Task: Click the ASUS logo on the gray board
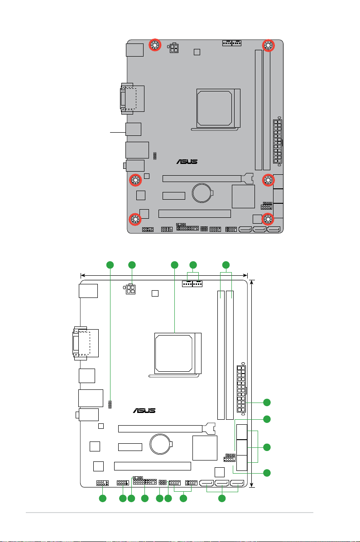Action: point(187,162)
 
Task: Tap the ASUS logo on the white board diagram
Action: point(144,410)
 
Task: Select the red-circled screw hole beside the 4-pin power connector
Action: point(154,44)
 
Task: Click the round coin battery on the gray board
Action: point(202,192)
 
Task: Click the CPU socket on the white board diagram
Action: point(178,353)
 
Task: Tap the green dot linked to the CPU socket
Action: point(175,265)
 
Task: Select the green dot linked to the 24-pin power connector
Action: point(267,403)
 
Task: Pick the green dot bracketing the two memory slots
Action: point(226,265)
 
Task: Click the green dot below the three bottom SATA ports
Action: point(222,498)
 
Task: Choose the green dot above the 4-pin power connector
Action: point(132,265)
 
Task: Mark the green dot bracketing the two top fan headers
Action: point(193,265)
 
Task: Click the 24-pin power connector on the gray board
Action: point(278,141)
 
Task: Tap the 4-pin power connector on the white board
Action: point(130,289)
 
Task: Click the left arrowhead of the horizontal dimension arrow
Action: point(82,275)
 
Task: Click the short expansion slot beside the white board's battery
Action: point(130,447)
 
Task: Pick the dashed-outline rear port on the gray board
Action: point(129,99)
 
